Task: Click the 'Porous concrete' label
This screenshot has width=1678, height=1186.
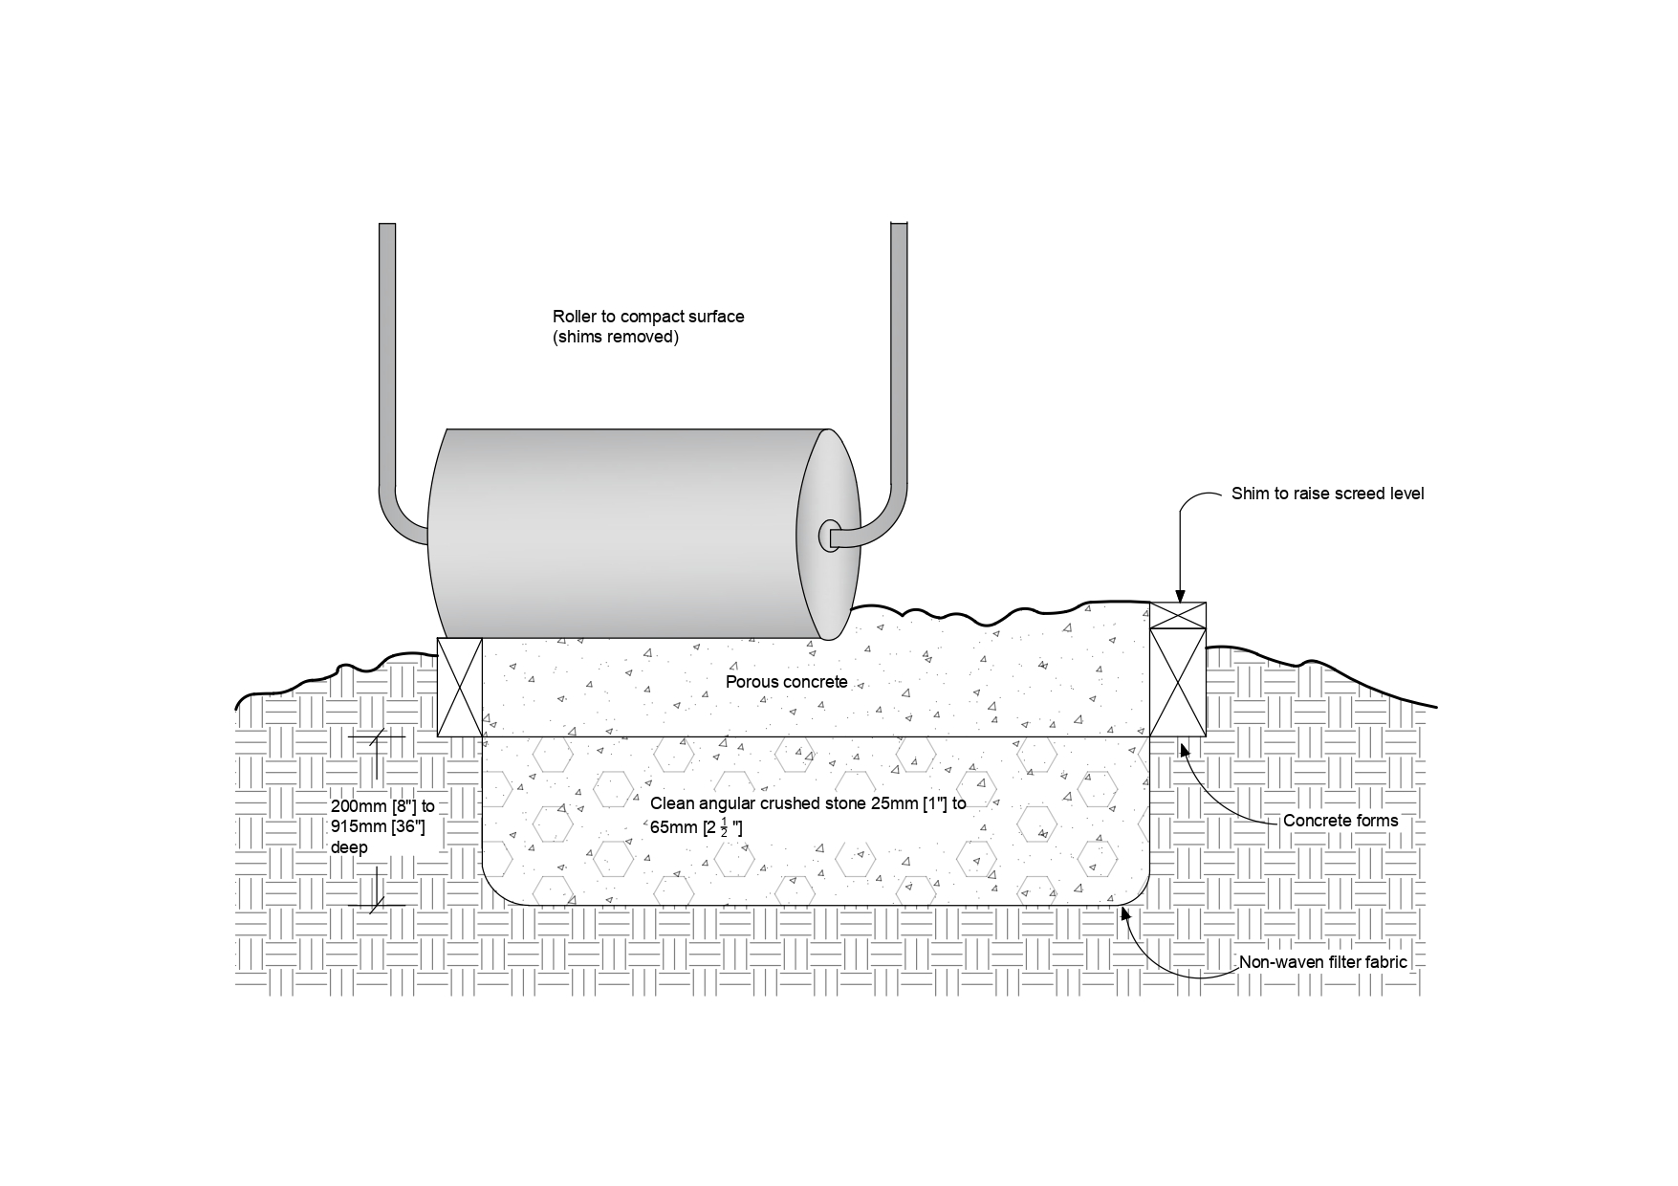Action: [786, 682]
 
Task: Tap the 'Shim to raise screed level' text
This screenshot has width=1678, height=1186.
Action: [1327, 494]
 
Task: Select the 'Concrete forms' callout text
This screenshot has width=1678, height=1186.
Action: [1340, 821]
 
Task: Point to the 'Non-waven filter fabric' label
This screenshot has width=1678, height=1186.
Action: [1322, 962]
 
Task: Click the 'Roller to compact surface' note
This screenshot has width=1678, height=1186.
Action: [647, 317]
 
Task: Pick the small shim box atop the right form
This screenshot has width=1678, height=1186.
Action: [1177, 615]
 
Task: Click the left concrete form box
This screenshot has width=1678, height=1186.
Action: [459, 687]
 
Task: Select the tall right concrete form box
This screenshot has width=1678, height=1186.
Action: [1177, 682]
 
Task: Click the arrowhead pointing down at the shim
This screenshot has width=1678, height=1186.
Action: [1180, 595]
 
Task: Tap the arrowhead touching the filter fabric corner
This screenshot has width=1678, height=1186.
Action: [1125, 912]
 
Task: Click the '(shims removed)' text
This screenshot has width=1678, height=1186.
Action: [615, 337]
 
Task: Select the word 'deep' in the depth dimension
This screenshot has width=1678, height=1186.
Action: [349, 847]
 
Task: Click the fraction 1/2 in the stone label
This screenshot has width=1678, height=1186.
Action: [723, 827]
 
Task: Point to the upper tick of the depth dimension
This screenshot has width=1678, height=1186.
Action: [378, 737]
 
